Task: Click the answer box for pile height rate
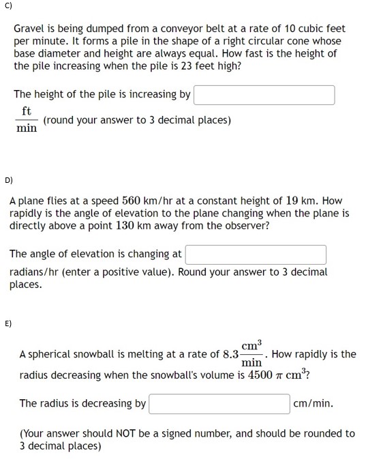(264, 95)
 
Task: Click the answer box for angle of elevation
(256, 255)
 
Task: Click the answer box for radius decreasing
(219, 403)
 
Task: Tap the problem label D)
(8, 181)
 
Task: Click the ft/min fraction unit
(27, 119)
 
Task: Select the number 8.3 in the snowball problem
(229, 354)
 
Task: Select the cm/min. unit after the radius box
(313, 403)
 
